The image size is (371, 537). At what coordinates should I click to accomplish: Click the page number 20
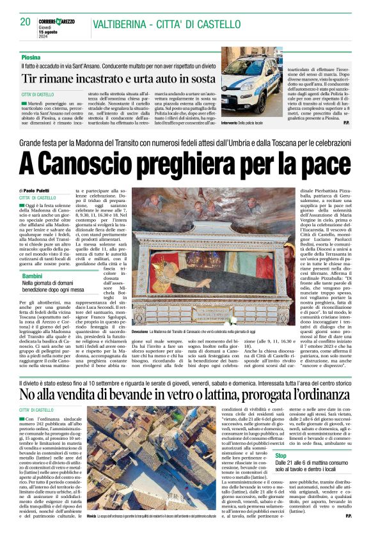coord(25,22)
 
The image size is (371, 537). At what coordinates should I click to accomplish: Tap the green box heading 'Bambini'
coord(34,276)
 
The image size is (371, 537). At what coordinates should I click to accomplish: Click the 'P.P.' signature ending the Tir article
coord(345,122)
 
